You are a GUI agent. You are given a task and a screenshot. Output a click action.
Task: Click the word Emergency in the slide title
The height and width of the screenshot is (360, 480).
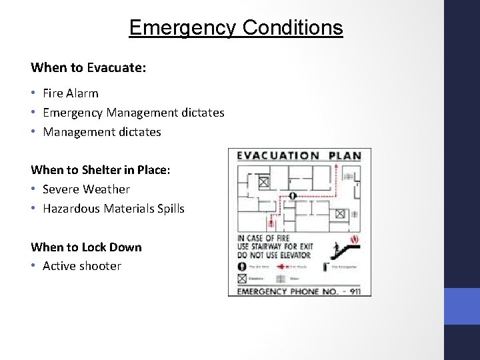coord(183,28)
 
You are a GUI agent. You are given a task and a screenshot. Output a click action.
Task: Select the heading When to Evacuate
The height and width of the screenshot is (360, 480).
coord(89,67)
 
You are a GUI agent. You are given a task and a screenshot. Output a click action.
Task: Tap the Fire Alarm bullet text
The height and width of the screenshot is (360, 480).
coord(70,93)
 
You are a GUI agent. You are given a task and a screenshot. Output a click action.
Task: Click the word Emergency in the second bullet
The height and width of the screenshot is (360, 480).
coord(73,113)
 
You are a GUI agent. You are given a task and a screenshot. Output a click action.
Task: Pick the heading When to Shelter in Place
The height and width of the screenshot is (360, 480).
coord(101,170)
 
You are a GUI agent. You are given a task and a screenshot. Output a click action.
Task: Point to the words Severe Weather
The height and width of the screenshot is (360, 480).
coord(86,189)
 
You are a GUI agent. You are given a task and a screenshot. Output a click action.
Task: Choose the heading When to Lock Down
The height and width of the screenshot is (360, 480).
coord(86,247)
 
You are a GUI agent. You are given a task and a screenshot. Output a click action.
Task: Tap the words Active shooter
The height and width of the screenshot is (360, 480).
coord(82,266)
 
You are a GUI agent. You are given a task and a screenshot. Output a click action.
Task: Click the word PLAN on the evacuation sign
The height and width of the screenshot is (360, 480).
coord(344,156)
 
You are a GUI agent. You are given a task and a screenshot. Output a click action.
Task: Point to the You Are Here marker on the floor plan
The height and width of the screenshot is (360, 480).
coord(293,195)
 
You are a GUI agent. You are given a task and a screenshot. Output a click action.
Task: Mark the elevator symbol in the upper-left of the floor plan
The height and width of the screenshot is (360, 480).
coord(263,181)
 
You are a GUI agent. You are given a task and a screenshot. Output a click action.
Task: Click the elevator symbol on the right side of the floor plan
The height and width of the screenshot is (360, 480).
coord(340,213)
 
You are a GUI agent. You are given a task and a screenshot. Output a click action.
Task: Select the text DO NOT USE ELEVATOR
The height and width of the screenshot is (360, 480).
coord(274,255)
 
